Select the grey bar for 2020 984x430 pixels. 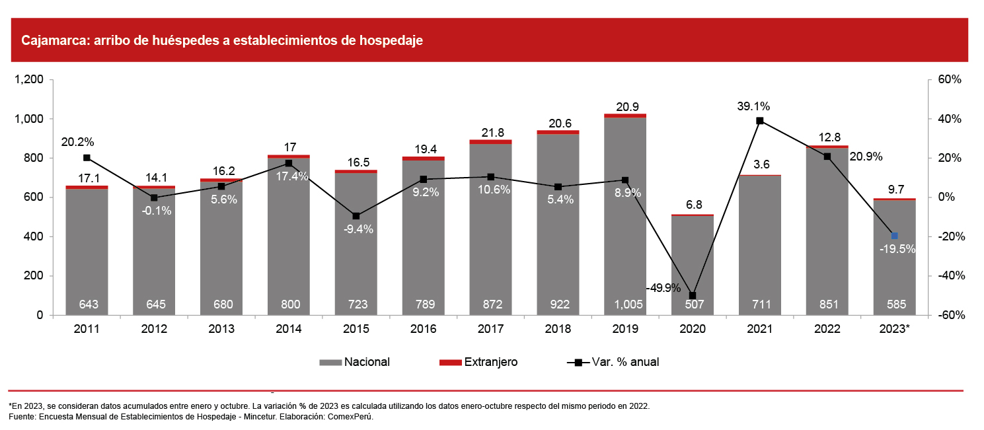point(693,258)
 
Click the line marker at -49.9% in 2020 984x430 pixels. point(693,295)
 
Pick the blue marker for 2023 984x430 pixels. point(895,236)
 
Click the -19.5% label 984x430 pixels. point(897,249)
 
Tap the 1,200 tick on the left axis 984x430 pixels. point(28,80)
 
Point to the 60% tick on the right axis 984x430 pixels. point(944,80)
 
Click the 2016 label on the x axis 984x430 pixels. point(424,328)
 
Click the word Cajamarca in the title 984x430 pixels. point(52,41)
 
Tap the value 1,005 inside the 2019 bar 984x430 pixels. point(625,305)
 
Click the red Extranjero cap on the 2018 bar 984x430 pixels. point(558,132)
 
